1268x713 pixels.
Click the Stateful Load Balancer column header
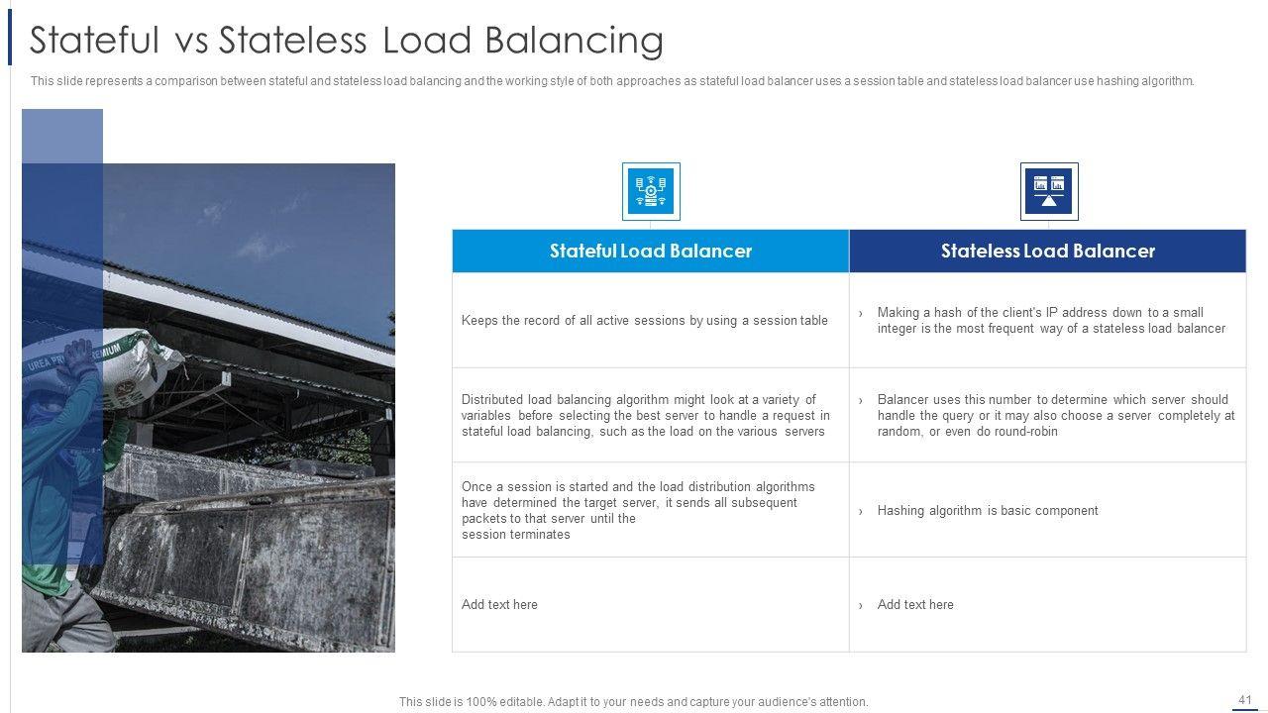click(x=650, y=252)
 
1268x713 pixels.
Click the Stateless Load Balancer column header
click(x=1047, y=252)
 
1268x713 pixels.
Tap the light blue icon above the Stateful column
click(x=651, y=191)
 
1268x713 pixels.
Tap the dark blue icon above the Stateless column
click(x=1049, y=191)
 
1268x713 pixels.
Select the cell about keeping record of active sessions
click(x=645, y=321)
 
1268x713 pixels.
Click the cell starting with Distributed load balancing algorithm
click(x=645, y=416)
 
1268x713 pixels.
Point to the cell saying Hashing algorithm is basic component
click(x=988, y=511)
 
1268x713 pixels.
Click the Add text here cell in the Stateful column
click(x=499, y=605)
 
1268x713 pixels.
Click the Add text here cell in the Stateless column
click(x=915, y=605)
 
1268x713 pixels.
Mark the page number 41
click(x=1245, y=699)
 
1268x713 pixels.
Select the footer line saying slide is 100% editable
click(x=633, y=702)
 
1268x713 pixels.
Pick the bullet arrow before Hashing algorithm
click(x=861, y=512)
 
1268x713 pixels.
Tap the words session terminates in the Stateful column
click(x=516, y=535)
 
